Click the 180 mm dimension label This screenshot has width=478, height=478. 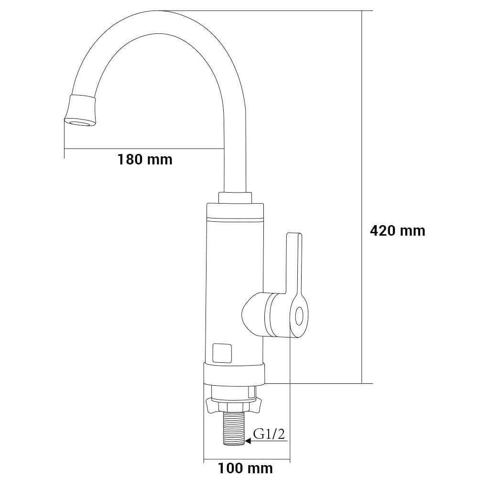pos(145,160)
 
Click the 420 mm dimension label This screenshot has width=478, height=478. pos(398,231)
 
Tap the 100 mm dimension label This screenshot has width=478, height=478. pos(245,468)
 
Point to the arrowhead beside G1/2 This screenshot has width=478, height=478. pos(248,441)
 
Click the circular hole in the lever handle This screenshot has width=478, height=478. pos(300,316)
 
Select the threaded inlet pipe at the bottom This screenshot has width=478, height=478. pos(234,429)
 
